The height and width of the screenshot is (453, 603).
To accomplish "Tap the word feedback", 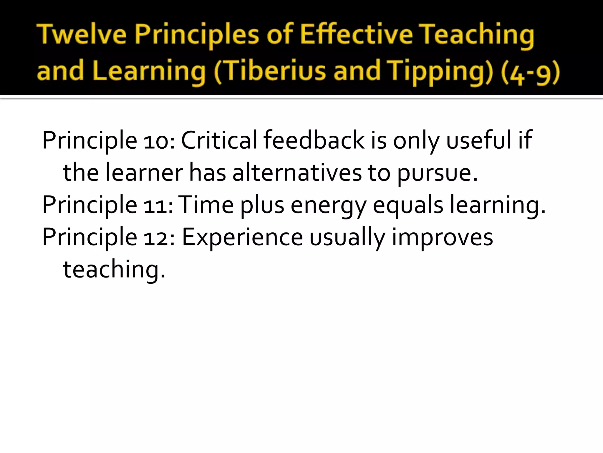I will (x=314, y=140).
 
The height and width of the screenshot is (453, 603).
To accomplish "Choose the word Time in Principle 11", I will (x=206, y=205).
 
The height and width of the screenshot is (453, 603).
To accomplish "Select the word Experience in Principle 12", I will (x=242, y=237).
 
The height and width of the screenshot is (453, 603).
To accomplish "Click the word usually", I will (x=347, y=238).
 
